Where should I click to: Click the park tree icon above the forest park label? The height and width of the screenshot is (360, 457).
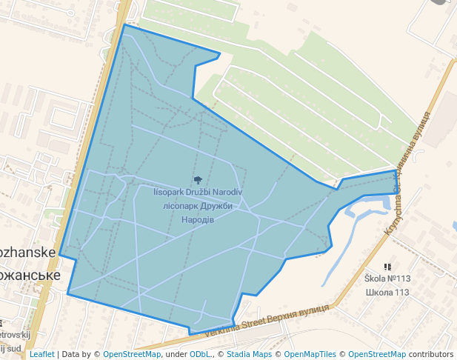198,180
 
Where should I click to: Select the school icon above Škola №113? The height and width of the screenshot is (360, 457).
387,267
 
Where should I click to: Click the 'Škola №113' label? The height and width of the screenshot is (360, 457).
387,279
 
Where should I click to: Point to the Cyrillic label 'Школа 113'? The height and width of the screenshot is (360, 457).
387,292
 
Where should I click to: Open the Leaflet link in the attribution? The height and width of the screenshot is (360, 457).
41,354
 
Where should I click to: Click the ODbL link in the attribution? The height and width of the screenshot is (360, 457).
200,354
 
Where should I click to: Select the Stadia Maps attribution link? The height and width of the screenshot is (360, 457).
249,354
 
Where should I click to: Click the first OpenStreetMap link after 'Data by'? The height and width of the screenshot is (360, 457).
132,354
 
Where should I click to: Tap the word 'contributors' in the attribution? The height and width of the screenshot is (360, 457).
431,354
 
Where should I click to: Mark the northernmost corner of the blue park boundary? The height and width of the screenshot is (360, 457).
125,24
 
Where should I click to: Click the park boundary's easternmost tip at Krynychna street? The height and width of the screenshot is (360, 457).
396,172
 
